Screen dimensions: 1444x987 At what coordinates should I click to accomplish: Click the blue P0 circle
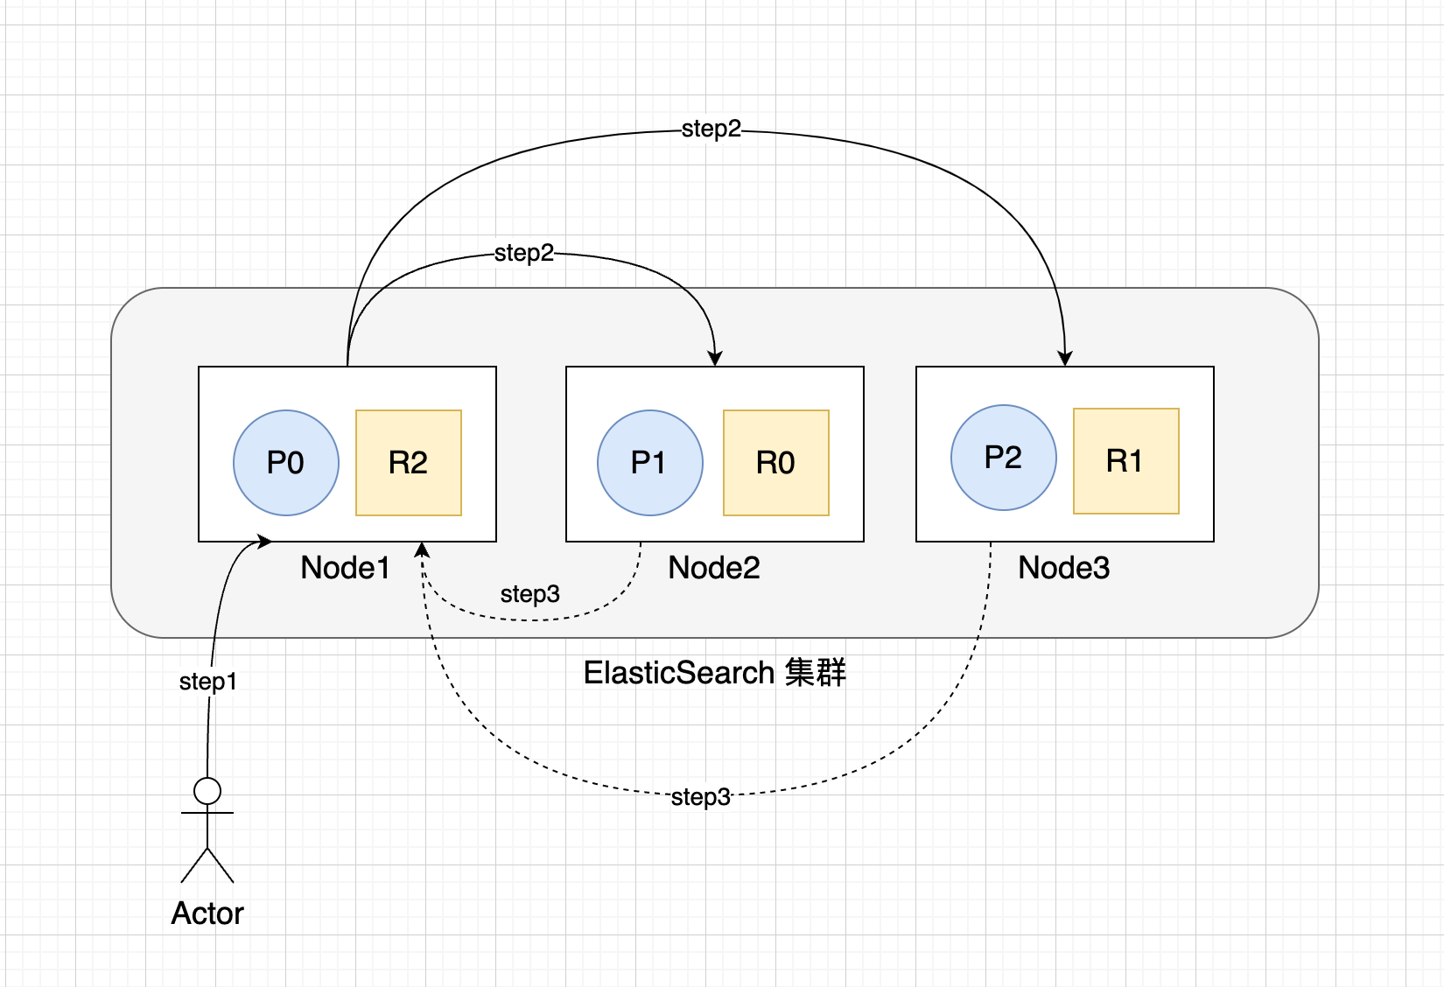tap(285, 463)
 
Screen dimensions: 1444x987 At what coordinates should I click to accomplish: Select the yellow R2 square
tap(409, 463)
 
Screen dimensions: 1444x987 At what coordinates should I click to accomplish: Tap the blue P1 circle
tap(649, 463)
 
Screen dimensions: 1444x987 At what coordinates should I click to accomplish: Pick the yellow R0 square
tap(776, 463)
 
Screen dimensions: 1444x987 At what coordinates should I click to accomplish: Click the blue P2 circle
tap(1004, 458)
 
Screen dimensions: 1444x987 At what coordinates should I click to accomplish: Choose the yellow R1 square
tap(1126, 461)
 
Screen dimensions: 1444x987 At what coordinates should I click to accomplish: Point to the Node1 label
tap(345, 568)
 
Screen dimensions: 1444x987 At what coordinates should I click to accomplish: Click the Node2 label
tap(713, 568)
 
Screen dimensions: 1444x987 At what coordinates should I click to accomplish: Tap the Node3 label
tap(1063, 568)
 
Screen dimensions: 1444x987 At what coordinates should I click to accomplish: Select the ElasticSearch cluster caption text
tap(714, 673)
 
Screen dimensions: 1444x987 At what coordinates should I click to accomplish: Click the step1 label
tap(207, 682)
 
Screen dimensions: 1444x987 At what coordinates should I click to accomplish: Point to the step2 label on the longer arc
tap(711, 129)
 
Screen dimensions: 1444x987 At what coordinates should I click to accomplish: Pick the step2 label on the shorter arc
tap(523, 254)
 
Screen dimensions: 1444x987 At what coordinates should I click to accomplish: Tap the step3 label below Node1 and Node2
tap(529, 594)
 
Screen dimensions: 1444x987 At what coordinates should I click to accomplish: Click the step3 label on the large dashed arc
tap(701, 797)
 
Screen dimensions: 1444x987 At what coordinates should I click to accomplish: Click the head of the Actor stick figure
tap(207, 791)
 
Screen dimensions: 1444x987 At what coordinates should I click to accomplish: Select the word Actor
tap(207, 913)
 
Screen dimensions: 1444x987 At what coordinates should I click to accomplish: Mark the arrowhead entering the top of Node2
tap(715, 358)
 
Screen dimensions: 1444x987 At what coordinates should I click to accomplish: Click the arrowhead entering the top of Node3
tap(1065, 358)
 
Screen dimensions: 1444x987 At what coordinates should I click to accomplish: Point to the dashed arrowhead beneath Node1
tap(422, 549)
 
